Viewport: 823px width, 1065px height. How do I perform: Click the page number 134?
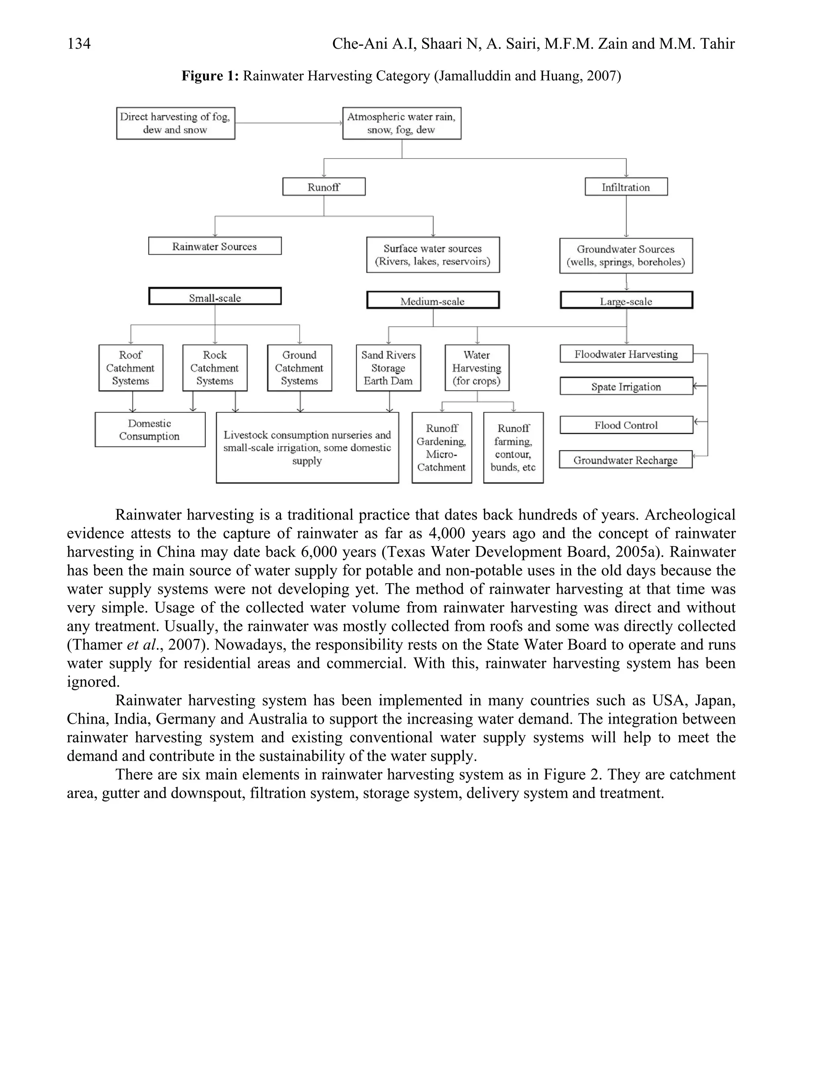[x=79, y=44]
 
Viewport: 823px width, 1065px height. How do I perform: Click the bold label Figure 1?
[x=210, y=76]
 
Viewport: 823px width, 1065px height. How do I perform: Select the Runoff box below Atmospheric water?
[x=324, y=187]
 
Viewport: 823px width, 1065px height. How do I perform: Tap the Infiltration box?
[x=626, y=187]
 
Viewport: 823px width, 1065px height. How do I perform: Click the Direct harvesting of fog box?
[x=176, y=123]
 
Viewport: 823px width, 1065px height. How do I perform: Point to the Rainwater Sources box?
[x=215, y=246]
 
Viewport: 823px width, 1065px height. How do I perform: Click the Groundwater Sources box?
[x=626, y=256]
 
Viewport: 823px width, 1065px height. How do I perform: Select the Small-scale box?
[x=215, y=297]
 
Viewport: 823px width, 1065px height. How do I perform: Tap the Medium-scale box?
[x=433, y=300]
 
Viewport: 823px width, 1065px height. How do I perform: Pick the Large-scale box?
[x=626, y=300]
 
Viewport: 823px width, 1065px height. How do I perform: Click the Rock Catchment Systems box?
[x=215, y=368]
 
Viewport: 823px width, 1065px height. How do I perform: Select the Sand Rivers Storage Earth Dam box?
[x=388, y=368]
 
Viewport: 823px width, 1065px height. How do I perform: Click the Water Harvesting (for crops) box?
[x=477, y=368]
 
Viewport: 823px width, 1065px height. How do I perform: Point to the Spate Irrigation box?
[x=626, y=387]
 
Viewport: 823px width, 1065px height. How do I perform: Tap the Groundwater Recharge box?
[x=626, y=460]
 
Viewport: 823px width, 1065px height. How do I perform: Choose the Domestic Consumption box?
[x=149, y=430]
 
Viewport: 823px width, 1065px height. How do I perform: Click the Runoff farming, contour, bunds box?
[x=514, y=448]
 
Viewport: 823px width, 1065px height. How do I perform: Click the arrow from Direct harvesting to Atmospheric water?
[x=289, y=123]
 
